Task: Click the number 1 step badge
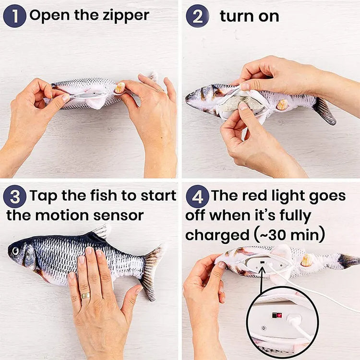pos(14,16)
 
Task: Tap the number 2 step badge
pos(197,16)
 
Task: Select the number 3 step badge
pos(14,197)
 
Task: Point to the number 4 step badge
pos(197,197)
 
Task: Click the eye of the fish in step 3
pos(16,251)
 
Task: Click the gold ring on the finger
pos(86,295)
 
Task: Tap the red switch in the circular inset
pos(276,315)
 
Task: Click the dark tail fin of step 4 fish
pos(348,261)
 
